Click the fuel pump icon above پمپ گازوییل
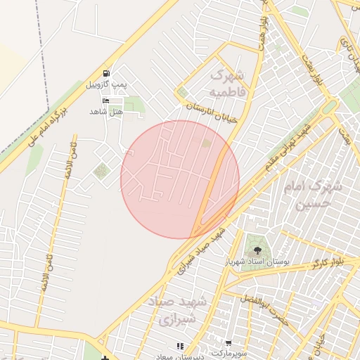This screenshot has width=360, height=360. pos(106,72)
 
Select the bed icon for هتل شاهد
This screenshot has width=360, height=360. pos(106,101)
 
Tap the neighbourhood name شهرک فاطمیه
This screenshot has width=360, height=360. pos(228,83)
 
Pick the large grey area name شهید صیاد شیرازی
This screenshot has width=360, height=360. pos(179,310)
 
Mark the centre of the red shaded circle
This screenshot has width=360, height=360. pos(180,179)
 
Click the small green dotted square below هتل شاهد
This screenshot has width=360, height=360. pos(102,170)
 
